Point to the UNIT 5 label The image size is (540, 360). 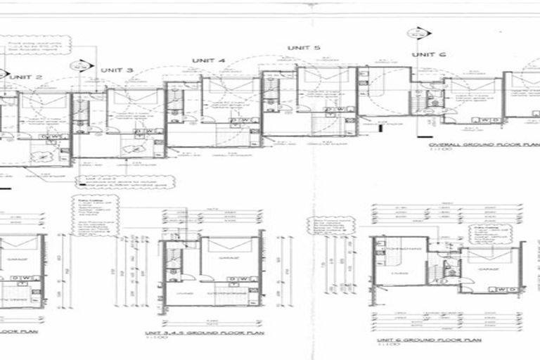(304, 48)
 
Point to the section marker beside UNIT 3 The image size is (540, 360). (82, 67)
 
